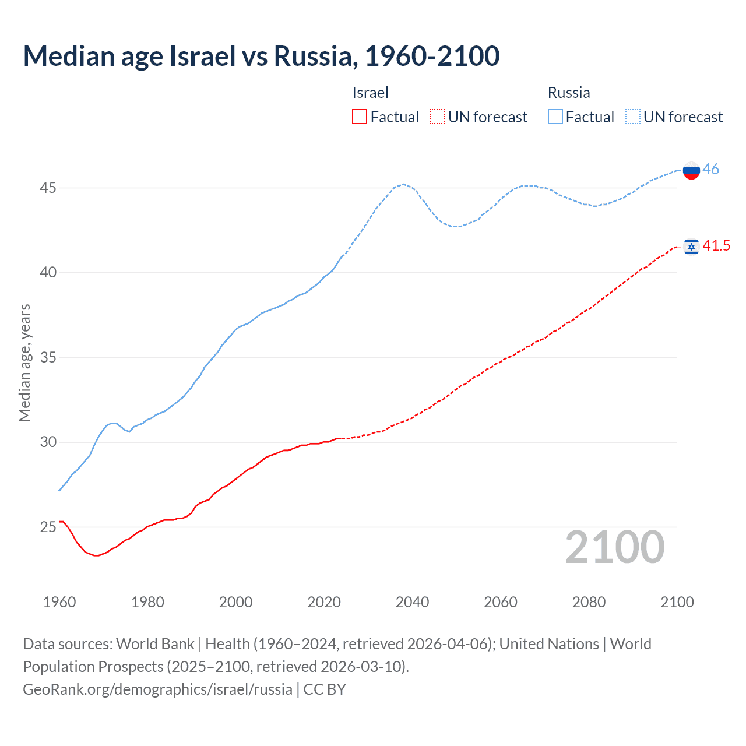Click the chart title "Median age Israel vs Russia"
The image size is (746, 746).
click(x=261, y=56)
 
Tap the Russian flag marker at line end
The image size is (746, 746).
click(x=691, y=170)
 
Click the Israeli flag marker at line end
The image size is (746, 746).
click(x=691, y=247)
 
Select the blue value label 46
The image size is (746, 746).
click(x=710, y=169)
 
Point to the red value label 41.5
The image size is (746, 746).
click(x=716, y=245)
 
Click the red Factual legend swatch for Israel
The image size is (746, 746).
click(x=360, y=117)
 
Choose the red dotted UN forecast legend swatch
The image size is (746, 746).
click(x=437, y=117)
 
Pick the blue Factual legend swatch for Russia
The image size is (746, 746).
click(x=555, y=117)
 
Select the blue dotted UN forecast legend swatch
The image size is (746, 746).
click(x=633, y=117)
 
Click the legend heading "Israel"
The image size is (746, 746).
click(x=370, y=93)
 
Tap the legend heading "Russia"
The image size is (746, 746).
click(x=569, y=93)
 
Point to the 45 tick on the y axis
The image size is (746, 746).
click(x=48, y=188)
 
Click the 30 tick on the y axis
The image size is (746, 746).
click(x=48, y=442)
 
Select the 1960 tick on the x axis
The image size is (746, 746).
click(x=59, y=602)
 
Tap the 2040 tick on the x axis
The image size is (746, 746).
click(x=412, y=602)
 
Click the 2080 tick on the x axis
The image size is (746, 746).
click(x=589, y=602)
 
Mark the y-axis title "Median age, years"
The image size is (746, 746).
click(x=24, y=363)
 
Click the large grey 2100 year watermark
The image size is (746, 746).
click(x=615, y=547)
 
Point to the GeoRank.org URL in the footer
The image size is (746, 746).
click(x=157, y=689)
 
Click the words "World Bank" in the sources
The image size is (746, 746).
click(x=155, y=643)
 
